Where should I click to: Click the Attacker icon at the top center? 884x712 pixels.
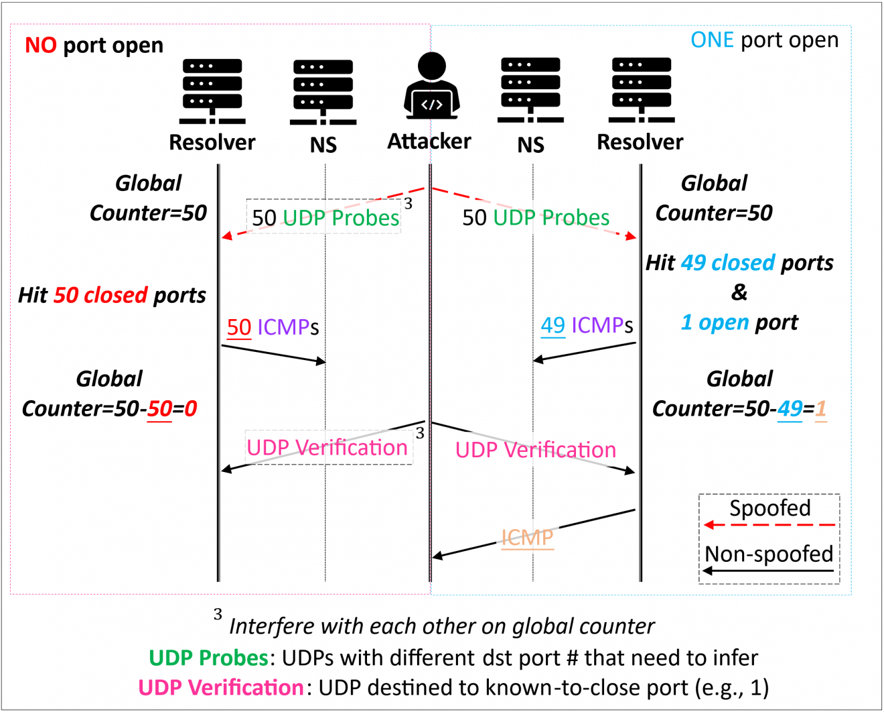point(431,86)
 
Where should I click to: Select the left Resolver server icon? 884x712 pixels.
point(212,91)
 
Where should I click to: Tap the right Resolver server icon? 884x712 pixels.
point(642,91)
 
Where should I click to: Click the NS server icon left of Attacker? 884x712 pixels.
point(323,92)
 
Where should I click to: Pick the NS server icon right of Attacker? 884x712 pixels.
point(530,91)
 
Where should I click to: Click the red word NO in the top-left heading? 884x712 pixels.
point(41,46)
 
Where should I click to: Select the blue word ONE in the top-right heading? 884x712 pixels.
point(713,40)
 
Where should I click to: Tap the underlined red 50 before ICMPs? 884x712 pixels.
point(239,327)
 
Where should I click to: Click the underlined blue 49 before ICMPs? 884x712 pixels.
point(553,325)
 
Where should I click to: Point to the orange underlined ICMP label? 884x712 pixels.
point(528,538)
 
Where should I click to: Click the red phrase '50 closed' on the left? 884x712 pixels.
point(100,295)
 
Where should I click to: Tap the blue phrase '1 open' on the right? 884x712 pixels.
point(715,322)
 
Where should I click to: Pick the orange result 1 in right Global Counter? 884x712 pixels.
point(820,408)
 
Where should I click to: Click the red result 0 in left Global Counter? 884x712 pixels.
point(191,408)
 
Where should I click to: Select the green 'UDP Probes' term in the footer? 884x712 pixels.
point(208,658)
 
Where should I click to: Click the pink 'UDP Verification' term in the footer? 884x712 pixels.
point(221,687)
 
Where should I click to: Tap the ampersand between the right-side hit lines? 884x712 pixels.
point(739,292)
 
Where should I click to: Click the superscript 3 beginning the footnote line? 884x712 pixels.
point(218,614)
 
